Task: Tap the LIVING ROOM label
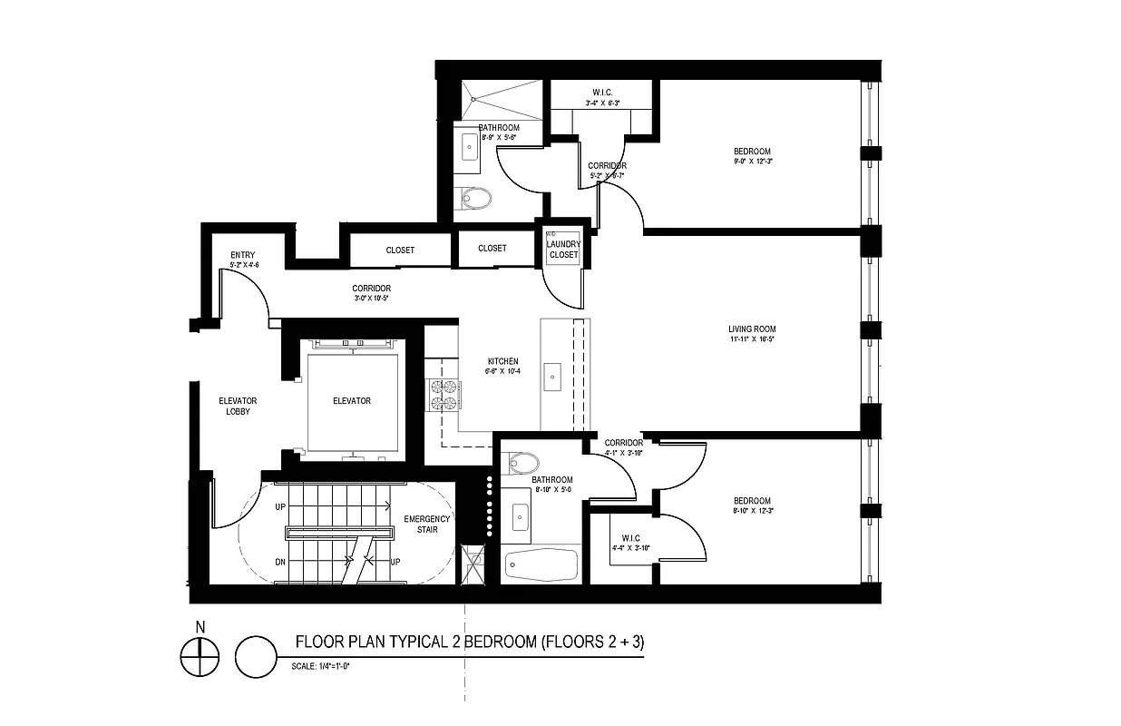click(752, 329)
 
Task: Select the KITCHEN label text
click(502, 361)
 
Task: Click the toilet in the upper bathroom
click(474, 197)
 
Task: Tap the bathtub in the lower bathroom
click(541, 566)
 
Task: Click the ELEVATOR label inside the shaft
click(352, 401)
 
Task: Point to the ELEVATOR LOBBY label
click(239, 406)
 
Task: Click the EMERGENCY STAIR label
click(426, 524)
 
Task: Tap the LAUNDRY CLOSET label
click(563, 250)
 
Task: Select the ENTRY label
click(243, 255)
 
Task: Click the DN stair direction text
click(280, 562)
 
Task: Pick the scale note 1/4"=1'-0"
click(321, 666)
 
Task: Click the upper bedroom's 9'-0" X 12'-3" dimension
click(752, 161)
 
